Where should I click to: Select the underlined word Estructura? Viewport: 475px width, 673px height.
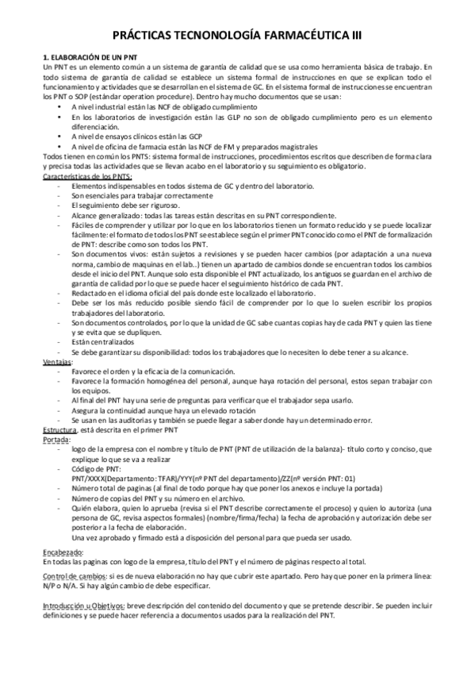pyautogui.click(x=59, y=430)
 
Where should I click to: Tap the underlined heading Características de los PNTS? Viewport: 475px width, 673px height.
pyautogui.click(x=87, y=176)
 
